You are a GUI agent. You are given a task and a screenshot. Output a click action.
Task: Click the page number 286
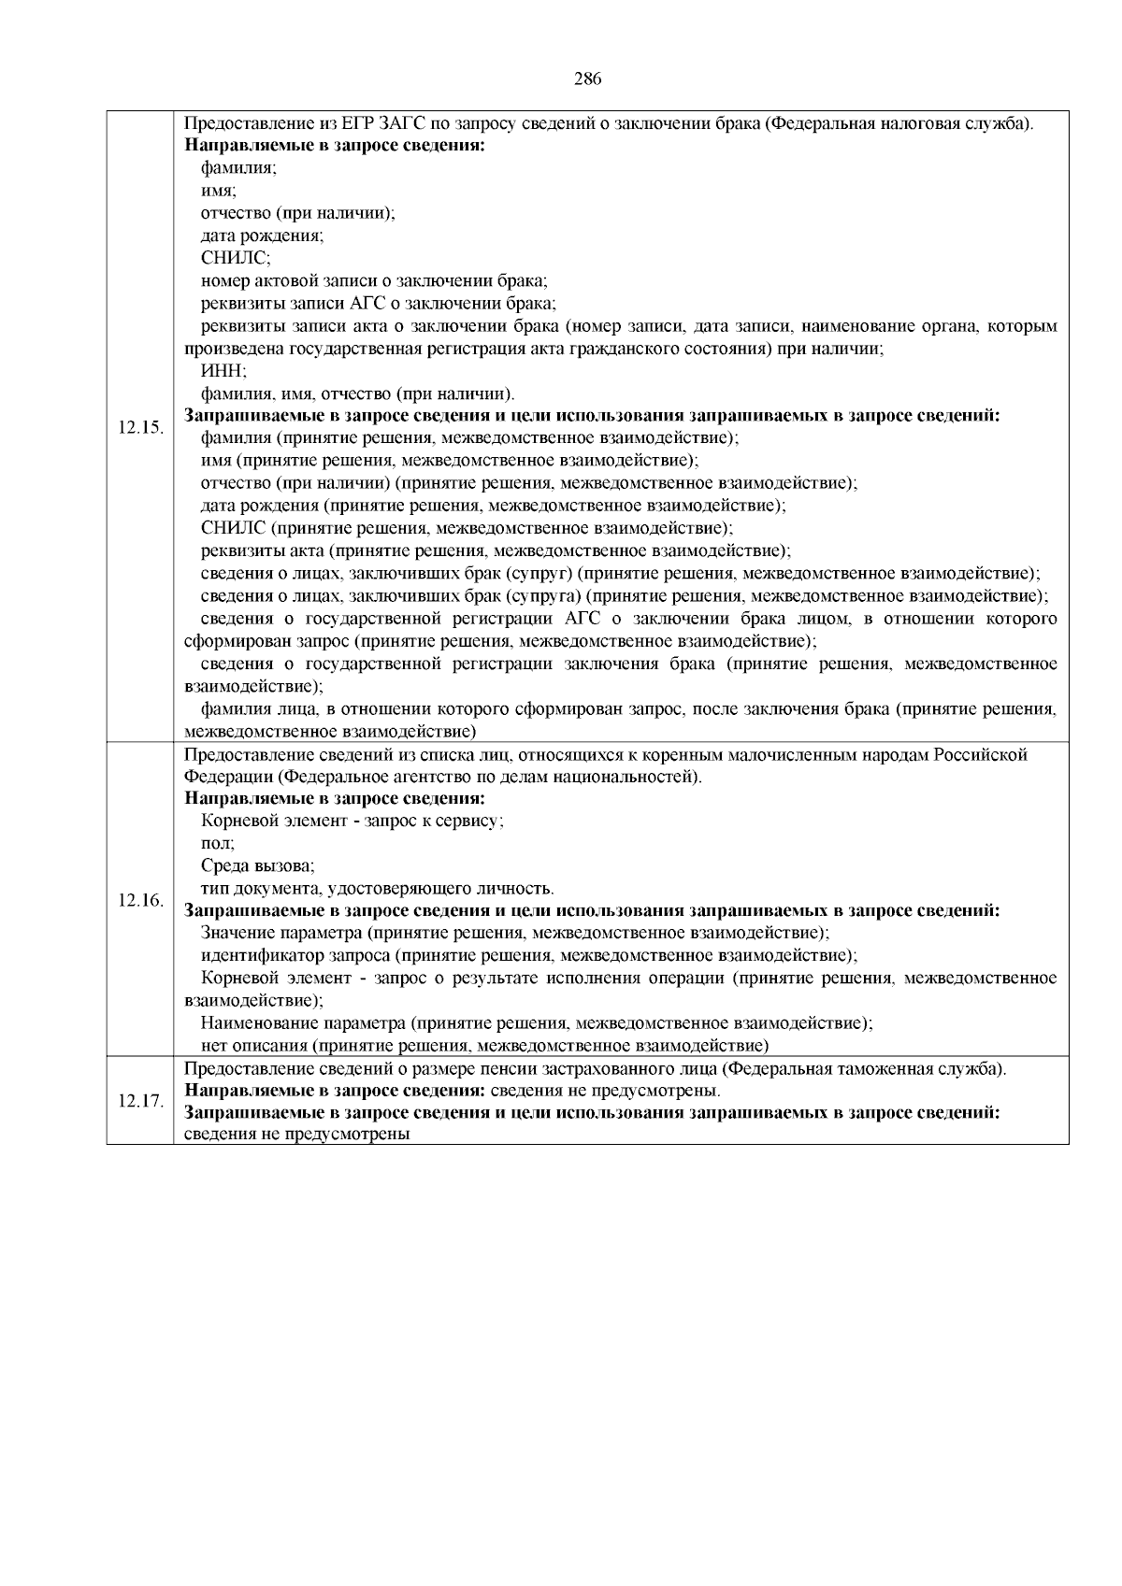tap(587, 79)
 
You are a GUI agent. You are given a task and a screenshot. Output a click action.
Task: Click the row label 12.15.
tap(140, 427)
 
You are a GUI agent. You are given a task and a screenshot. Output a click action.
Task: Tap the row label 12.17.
tap(140, 1100)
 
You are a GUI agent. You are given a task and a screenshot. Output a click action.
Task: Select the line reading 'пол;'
tap(218, 843)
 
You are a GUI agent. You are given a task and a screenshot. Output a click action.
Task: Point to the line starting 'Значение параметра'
tap(515, 933)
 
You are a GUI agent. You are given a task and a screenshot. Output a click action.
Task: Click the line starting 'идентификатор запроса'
tap(529, 955)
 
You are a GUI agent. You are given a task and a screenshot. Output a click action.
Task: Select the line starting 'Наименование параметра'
tap(537, 1022)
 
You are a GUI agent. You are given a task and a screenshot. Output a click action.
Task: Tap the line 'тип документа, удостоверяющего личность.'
tap(378, 888)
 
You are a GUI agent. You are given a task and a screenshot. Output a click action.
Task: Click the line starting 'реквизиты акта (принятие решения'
tap(496, 550)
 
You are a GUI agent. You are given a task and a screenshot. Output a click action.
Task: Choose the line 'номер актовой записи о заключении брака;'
tap(374, 280)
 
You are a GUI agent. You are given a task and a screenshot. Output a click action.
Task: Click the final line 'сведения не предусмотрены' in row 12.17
tap(297, 1135)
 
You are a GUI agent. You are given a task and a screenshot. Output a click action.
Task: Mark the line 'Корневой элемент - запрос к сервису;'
tap(352, 821)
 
